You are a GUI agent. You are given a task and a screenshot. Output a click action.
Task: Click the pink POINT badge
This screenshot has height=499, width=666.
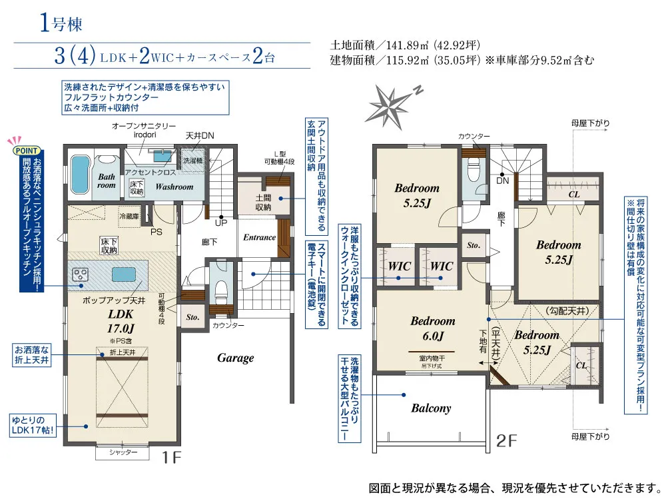27,151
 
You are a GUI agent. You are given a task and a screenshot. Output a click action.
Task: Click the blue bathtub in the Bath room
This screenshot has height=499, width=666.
80,174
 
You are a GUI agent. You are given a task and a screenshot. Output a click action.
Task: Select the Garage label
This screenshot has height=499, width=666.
235,358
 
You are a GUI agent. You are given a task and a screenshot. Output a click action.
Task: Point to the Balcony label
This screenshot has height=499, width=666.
431,408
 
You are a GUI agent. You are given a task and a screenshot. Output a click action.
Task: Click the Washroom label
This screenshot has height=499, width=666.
174,187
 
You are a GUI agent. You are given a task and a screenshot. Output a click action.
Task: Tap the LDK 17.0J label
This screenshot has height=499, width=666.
121,321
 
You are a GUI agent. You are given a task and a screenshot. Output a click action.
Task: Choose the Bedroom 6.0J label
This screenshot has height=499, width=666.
432,328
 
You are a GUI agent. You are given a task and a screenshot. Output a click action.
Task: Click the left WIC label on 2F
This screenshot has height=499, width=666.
399,266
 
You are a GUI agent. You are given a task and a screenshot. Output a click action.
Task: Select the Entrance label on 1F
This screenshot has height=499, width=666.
260,237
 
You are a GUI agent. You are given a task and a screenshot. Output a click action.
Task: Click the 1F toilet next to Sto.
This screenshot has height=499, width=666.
221,289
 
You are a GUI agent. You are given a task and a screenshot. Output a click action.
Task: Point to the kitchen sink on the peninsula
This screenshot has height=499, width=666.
124,274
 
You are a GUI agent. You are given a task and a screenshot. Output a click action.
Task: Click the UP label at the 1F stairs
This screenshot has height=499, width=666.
221,223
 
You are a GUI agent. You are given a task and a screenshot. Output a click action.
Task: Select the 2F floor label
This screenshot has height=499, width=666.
506,441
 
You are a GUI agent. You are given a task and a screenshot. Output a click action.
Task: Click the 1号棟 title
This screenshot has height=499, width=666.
61,23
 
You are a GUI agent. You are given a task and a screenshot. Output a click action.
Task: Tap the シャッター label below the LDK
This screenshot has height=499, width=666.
123,452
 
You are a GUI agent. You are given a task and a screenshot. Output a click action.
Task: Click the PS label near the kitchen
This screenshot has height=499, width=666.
157,232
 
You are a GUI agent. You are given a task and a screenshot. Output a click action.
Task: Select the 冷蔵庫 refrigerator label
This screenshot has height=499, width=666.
129,216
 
